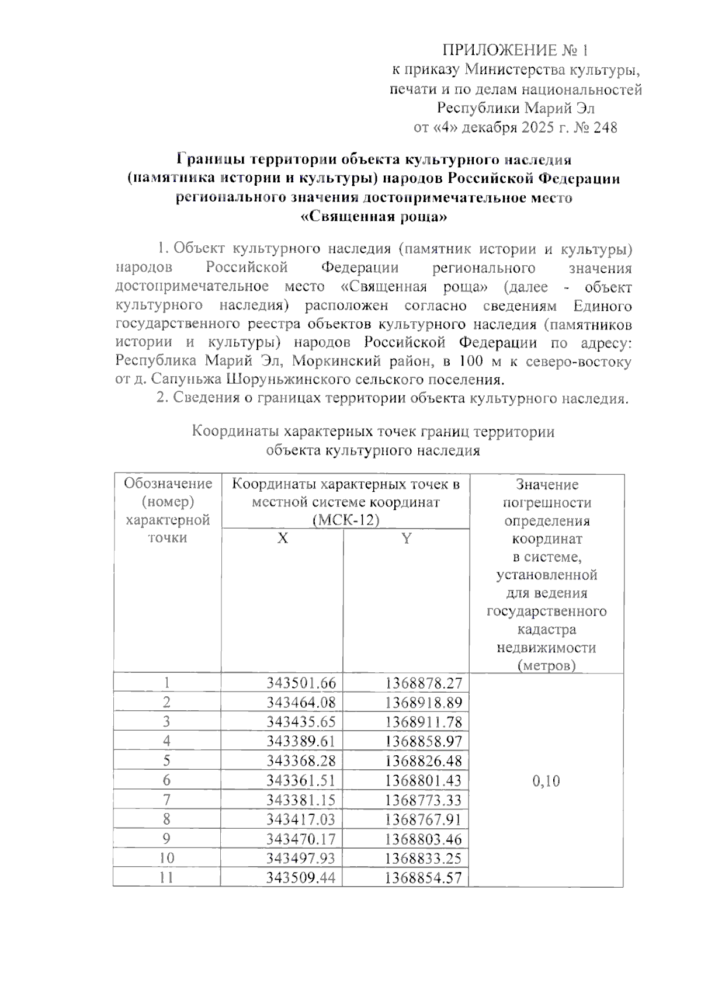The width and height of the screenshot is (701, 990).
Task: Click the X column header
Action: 282,539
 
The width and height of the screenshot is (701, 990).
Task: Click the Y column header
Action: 406,539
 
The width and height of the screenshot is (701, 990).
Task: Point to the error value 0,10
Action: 546,781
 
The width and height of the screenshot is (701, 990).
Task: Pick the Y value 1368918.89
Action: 424,703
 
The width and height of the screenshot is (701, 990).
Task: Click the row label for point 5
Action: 167,761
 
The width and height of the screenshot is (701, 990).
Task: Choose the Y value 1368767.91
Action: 424,819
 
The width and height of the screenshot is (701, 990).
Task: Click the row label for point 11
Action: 167,877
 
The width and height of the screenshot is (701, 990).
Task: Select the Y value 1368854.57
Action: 424,877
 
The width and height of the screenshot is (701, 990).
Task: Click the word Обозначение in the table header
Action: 168,484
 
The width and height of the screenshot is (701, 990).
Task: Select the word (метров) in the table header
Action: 546,665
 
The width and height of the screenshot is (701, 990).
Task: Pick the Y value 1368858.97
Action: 424,741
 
